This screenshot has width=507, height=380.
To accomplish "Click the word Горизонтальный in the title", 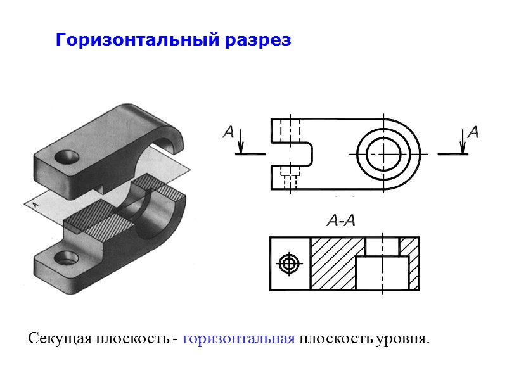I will click(137, 41).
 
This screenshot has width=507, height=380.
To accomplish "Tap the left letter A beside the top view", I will click(229, 134).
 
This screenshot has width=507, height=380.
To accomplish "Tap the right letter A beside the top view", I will click(473, 133).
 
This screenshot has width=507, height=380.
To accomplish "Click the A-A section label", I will click(340, 221).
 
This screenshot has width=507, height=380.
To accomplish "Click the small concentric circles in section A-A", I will click(290, 263).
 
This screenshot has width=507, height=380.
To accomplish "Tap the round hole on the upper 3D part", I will click(65, 156).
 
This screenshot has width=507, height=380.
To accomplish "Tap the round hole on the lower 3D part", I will click(65, 257).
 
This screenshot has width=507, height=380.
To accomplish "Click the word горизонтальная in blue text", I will click(238, 338).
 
